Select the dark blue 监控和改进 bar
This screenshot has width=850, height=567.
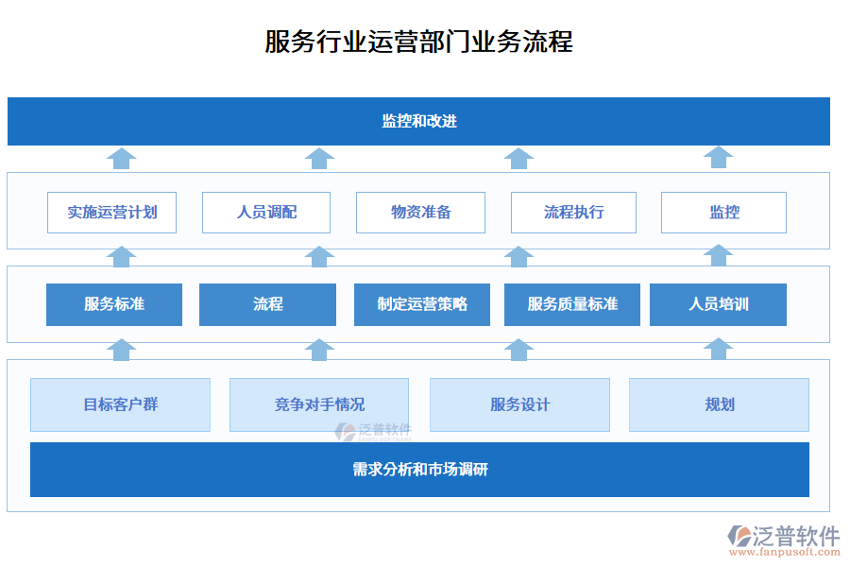[418, 121]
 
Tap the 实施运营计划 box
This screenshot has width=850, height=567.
[112, 213]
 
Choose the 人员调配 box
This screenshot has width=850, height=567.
[266, 213]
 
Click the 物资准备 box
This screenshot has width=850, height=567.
[420, 213]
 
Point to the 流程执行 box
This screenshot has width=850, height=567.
[573, 213]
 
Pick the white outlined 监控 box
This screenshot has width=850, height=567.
[723, 213]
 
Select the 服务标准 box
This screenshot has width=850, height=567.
[114, 304]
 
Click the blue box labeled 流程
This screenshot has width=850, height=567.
[267, 304]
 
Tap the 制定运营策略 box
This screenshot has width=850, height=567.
[421, 304]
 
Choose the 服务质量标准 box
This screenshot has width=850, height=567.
[572, 304]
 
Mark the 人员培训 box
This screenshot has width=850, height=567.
[718, 304]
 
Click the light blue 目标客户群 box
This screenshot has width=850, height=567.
[120, 404]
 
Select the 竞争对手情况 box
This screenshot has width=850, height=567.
[319, 404]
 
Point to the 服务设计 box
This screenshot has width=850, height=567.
[519, 404]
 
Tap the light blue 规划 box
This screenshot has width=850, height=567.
[719, 404]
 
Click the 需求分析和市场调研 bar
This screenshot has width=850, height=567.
[419, 470]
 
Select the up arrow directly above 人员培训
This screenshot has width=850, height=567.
[718, 255]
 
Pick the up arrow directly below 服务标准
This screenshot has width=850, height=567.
[121, 349]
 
